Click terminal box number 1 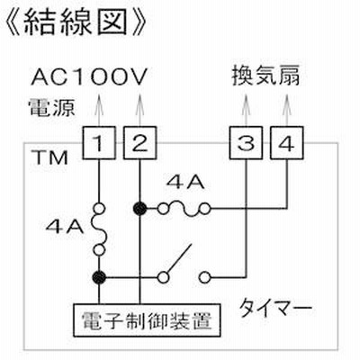click(x=99, y=143)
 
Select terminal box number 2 click(x=139, y=143)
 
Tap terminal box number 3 click(x=246, y=143)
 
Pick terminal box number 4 click(x=287, y=143)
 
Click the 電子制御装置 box click(x=147, y=320)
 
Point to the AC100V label click(x=89, y=76)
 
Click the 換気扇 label click(x=265, y=76)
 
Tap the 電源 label click(x=51, y=107)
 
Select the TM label click(x=50, y=157)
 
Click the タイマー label click(x=275, y=308)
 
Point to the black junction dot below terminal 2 click(x=139, y=208)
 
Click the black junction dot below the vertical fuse click(x=99, y=276)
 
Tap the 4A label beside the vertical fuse click(x=65, y=228)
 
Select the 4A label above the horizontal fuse click(x=186, y=183)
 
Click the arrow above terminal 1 click(x=99, y=110)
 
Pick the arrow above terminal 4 click(x=287, y=110)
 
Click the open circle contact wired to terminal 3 click(x=205, y=277)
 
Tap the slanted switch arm click(x=179, y=259)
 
